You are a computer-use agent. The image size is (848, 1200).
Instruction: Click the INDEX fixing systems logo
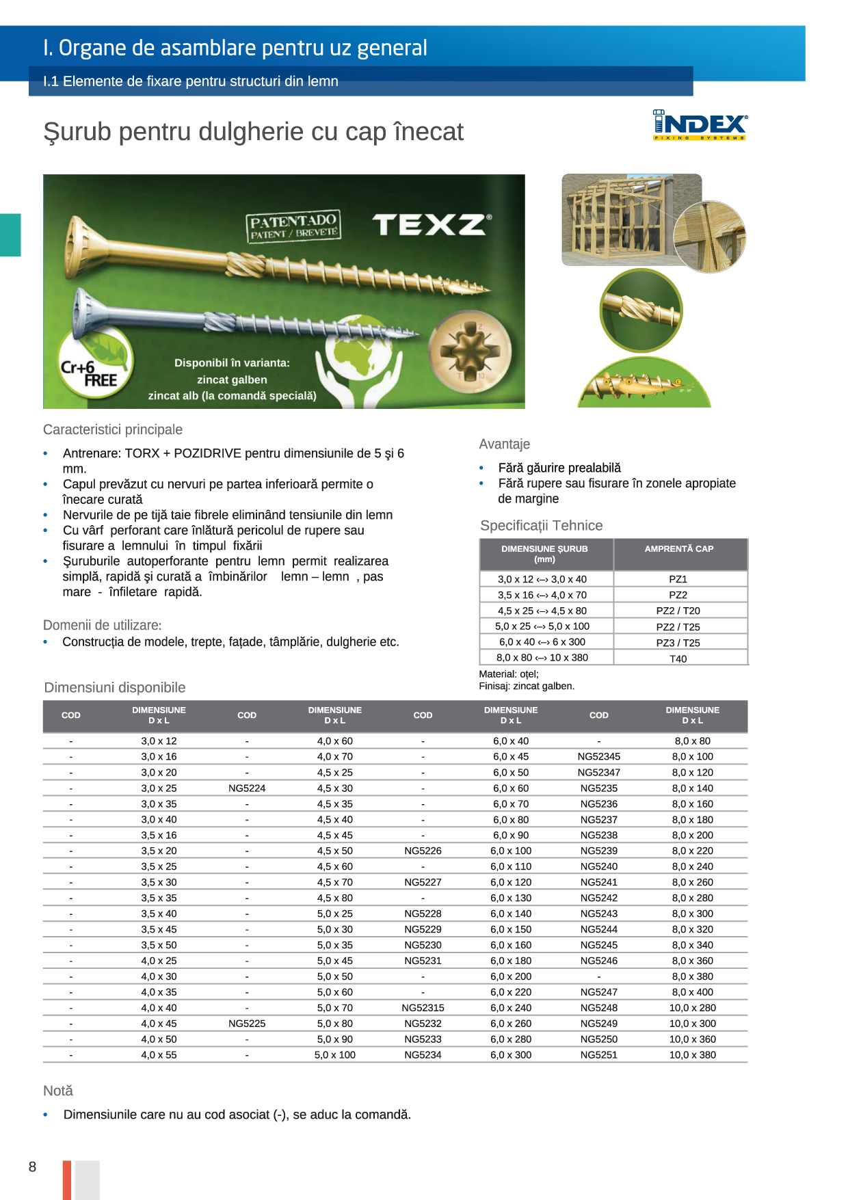point(700,125)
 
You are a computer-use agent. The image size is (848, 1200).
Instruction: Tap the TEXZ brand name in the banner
point(432,224)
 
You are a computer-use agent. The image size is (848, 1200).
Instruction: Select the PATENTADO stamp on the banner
point(293,226)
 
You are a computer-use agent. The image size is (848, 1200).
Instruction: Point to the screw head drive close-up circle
point(470,351)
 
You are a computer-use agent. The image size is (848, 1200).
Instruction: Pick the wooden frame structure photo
point(631,219)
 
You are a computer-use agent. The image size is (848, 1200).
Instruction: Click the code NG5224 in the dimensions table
point(247,788)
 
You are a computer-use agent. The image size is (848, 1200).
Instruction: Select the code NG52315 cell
point(423,1008)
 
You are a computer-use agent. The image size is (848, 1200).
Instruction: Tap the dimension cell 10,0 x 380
point(692,1055)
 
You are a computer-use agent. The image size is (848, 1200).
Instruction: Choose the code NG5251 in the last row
point(598,1055)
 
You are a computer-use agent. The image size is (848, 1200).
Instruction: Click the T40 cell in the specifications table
point(678,659)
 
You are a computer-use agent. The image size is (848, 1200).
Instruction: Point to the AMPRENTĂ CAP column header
point(678,549)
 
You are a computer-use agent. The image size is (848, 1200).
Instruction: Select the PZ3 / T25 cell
point(678,643)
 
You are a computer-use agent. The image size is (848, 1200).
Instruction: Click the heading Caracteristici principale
point(113,429)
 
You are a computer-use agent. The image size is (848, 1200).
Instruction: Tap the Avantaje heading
point(505,444)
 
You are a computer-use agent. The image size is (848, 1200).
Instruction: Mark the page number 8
point(32,1166)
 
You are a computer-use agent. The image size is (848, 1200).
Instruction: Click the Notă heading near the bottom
point(58,1091)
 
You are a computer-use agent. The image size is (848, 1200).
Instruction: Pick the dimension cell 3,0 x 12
point(159,741)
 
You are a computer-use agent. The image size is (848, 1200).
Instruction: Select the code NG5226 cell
point(423,851)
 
